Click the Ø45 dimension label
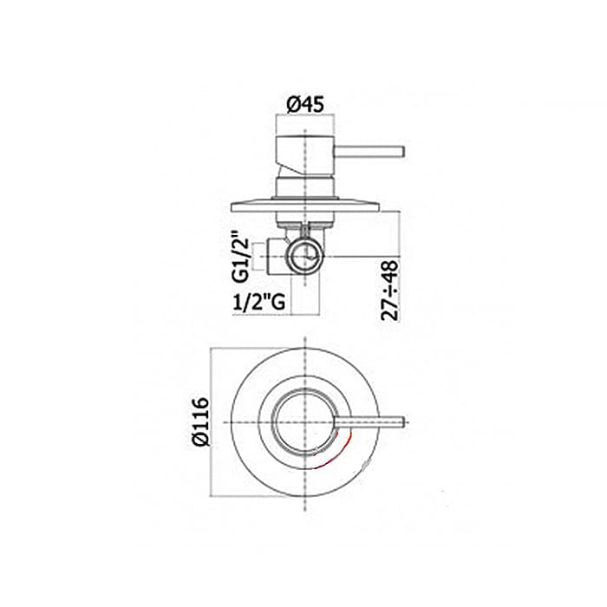(x=305, y=105)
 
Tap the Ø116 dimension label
(x=201, y=422)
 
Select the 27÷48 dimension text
(x=389, y=290)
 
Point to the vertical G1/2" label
(x=240, y=257)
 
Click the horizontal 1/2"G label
(x=259, y=302)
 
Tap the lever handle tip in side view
(x=403, y=152)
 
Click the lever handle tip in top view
(x=403, y=422)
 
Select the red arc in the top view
(x=337, y=455)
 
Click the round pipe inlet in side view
(x=305, y=257)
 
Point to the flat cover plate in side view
(x=305, y=206)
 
